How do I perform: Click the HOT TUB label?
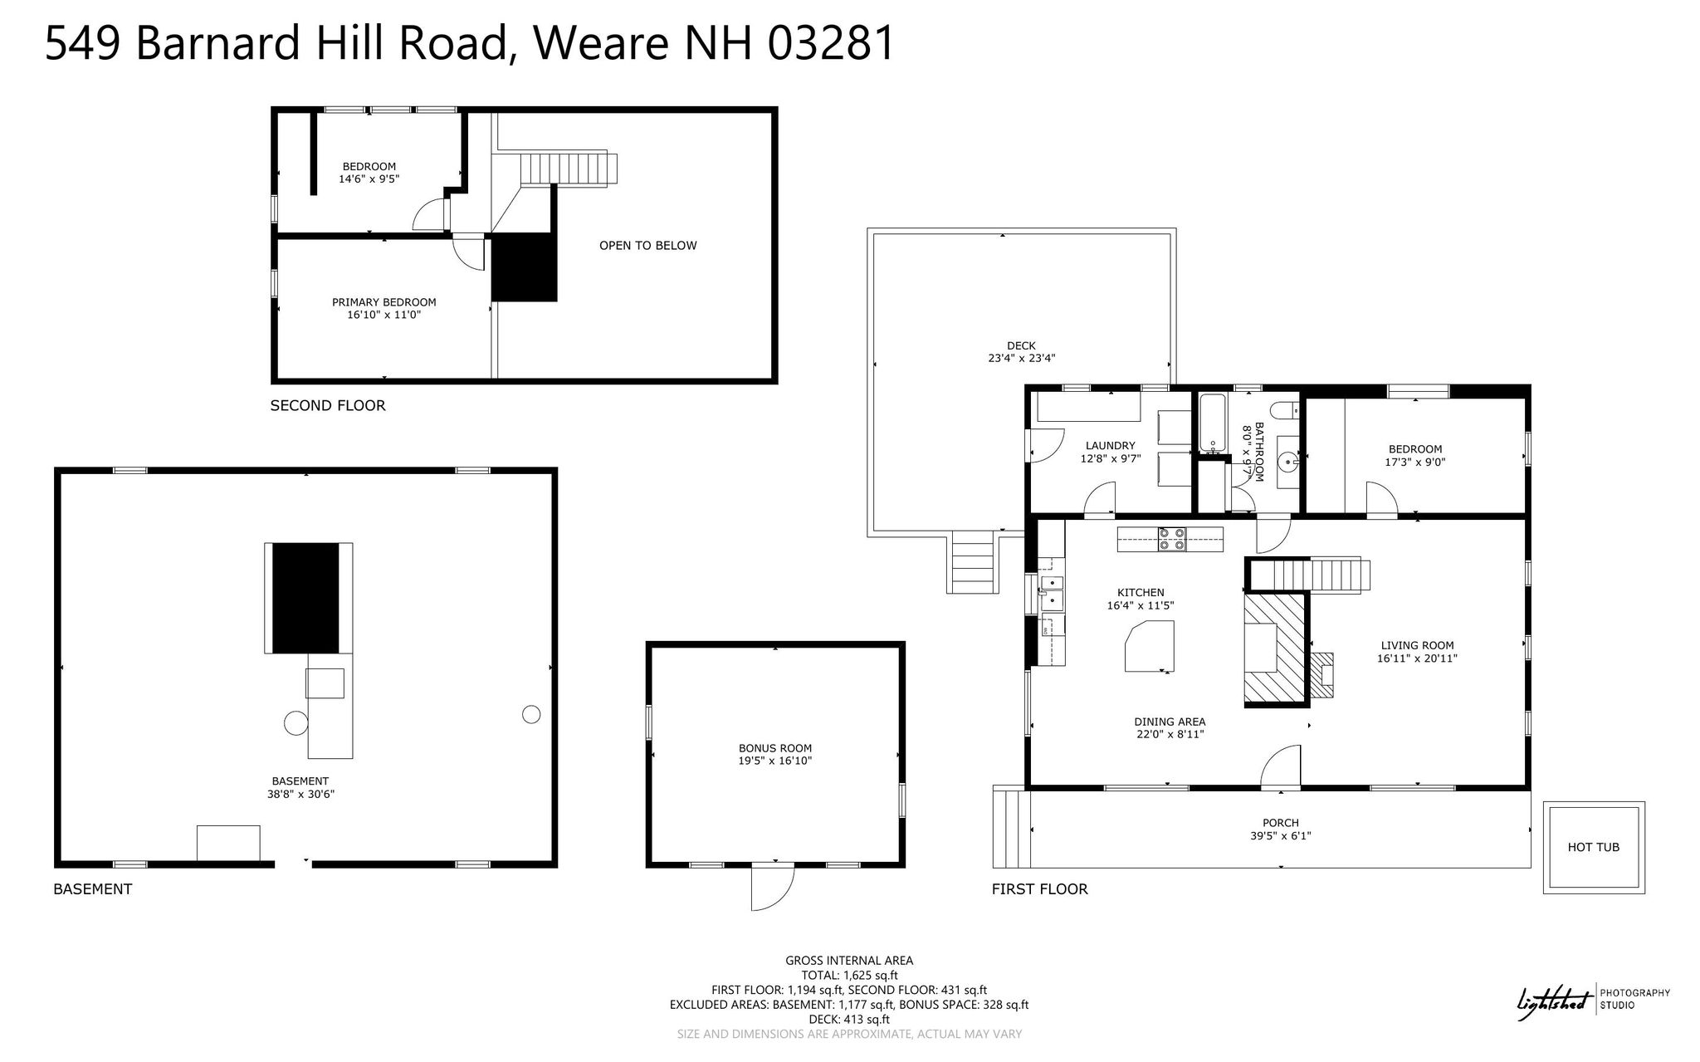[1593, 847]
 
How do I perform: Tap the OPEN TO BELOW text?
[648, 246]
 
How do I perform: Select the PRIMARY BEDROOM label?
[384, 302]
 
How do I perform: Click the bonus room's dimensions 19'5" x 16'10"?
[775, 761]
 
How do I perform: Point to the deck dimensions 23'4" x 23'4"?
[1021, 359]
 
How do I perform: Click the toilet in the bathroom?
[1286, 409]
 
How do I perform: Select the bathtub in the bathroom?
[1212, 423]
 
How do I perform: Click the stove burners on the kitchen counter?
[1173, 540]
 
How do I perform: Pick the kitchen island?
[1150, 647]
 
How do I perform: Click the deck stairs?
[972, 562]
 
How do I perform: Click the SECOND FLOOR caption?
[328, 406]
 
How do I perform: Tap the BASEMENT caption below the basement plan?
[92, 889]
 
